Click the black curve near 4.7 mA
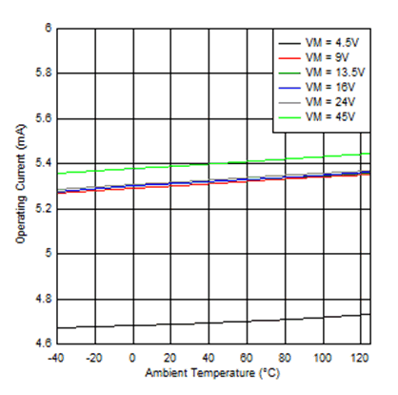pos(190,322)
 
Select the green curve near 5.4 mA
pos(190,164)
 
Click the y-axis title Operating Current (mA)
pos(20,185)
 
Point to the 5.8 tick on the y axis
pos(42,73)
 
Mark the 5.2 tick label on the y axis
pos(42,208)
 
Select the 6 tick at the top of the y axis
pos(47,28)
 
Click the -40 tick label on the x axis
pos(56,356)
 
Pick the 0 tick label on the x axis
pos(133,356)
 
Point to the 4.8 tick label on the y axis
pos(42,299)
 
